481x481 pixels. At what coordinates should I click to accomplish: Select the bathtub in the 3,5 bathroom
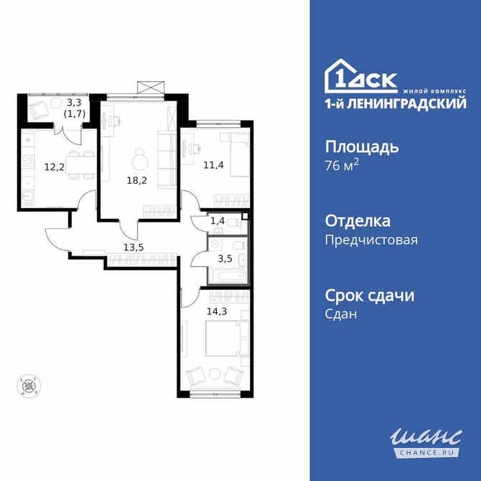(x=226, y=275)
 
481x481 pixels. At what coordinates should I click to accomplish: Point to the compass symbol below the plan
(x=28, y=386)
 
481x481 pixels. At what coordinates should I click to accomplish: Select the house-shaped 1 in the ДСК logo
(x=340, y=75)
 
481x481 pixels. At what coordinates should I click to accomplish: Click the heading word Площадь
(x=362, y=147)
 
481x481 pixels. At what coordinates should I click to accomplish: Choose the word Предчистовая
(x=371, y=240)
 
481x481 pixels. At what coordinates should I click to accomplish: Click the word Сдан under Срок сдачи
(x=342, y=314)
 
